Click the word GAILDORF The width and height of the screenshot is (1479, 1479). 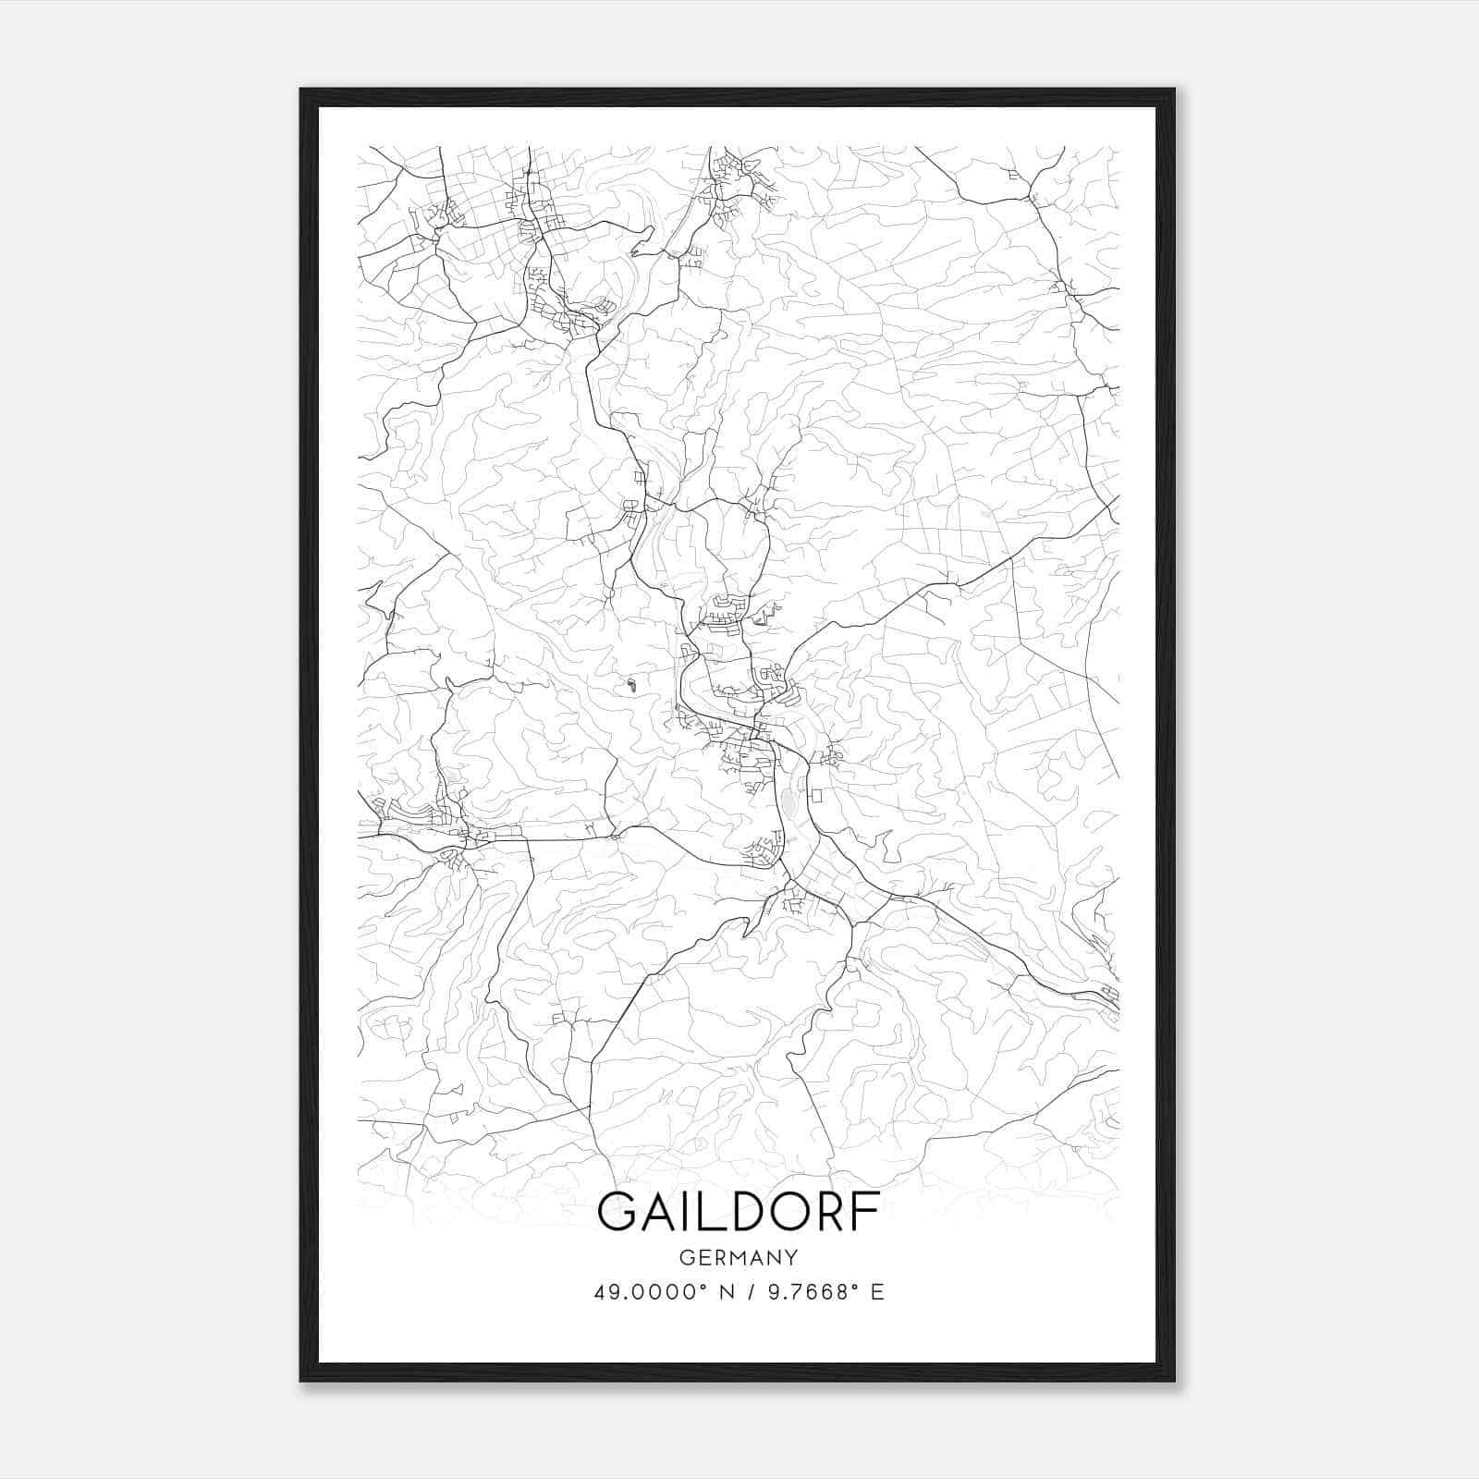click(738, 1212)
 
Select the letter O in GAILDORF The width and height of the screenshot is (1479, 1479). click(793, 1212)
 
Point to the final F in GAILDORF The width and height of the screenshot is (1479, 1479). click(866, 1212)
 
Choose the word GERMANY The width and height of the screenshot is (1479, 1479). click(738, 1257)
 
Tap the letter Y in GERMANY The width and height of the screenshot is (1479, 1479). click(790, 1257)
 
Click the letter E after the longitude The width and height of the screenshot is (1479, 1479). click(877, 1291)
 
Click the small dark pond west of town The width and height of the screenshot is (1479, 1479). click(630, 685)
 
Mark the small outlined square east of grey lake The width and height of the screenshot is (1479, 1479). click(816, 794)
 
